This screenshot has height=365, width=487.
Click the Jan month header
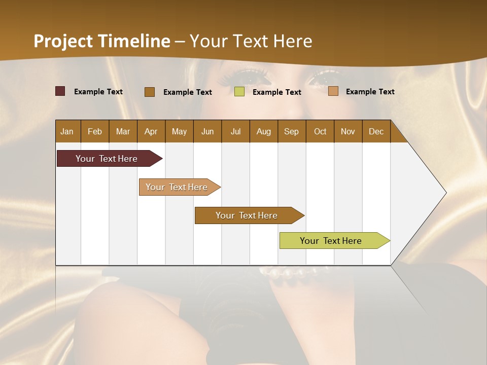tap(67, 131)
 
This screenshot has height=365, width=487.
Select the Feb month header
tap(95, 131)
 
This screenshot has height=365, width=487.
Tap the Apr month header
tap(151, 131)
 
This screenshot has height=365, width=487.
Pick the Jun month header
tap(207, 131)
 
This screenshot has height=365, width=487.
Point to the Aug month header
tap(263, 131)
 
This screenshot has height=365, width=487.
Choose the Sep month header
tap(291, 131)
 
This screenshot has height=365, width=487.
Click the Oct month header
tap(320, 131)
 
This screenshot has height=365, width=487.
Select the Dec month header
tap(376, 131)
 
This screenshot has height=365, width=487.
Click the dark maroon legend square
tap(60, 91)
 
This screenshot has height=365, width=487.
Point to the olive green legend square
tap(239, 92)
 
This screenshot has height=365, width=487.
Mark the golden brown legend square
tap(150, 92)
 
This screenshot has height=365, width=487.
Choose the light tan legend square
tap(333, 91)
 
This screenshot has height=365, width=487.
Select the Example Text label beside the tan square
tap(370, 92)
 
